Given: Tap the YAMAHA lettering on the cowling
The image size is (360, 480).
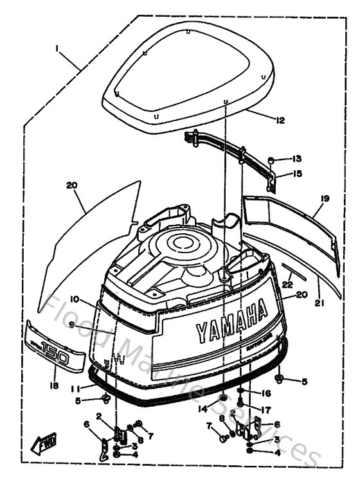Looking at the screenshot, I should [231, 321].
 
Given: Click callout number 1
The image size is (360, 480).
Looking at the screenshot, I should [57, 48].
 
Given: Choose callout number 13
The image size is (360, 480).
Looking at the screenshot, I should [296, 159].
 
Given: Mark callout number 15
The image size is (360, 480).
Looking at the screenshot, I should [296, 173].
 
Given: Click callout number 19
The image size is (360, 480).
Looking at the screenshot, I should [325, 199].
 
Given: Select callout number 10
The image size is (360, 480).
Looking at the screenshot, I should [75, 299].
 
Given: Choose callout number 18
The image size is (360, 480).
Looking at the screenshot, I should [53, 386].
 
